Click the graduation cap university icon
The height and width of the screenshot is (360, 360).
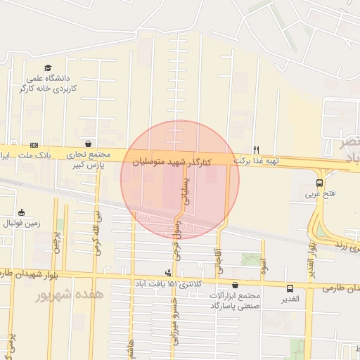click(48, 68)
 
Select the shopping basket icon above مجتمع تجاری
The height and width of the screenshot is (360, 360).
click(87, 143)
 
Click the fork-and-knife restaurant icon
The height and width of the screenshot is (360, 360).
click(257, 150)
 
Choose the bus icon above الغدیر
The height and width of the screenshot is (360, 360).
click(290, 288)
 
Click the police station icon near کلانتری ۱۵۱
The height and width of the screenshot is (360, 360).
click(168, 272)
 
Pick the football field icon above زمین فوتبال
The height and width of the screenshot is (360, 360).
click(21, 213)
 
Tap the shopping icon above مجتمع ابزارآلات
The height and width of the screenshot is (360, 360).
click(234, 285)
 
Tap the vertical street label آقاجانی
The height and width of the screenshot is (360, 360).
click(217, 261)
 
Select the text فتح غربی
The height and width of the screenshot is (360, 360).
click(320, 195)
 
